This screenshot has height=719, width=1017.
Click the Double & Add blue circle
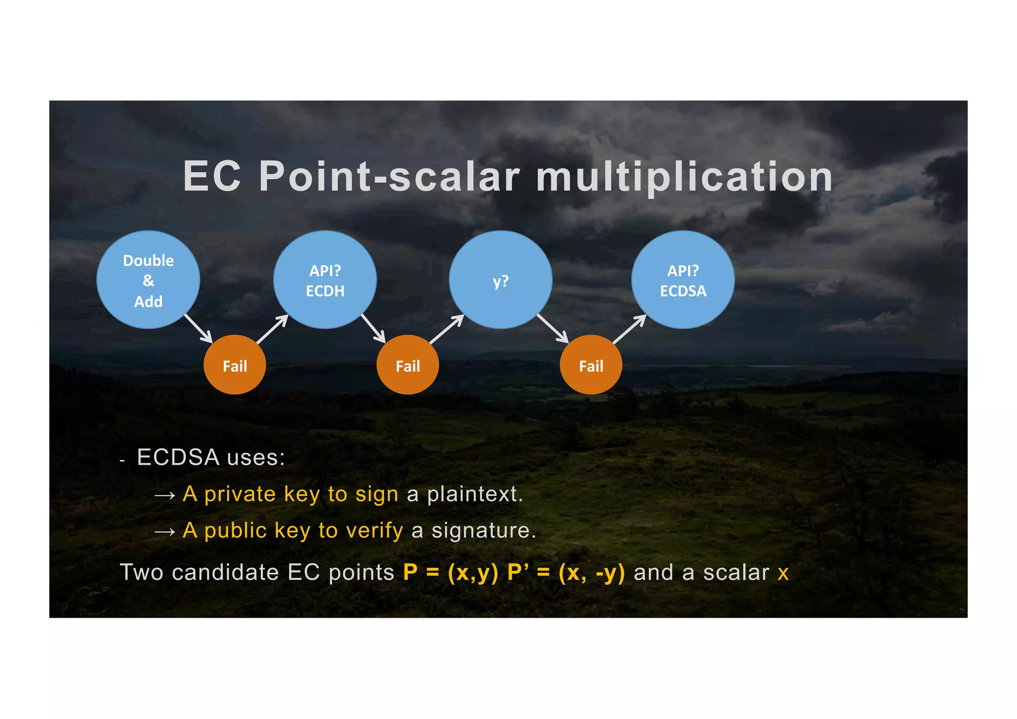click(x=148, y=280)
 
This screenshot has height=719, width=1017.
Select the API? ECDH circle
click(x=325, y=280)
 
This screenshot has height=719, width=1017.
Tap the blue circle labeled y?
click(x=501, y=280)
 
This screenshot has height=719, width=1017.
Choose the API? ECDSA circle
click(x=683, y=280)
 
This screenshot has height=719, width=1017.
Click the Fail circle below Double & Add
click(x=235, y=365)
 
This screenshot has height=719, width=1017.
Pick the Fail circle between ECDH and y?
click(x=408, y=365)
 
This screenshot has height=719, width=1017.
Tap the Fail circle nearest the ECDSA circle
click(x=591, y=365)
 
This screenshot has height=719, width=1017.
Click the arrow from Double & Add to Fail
click(x=199, y=328)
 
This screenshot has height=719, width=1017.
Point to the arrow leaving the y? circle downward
click(x=553, y=328)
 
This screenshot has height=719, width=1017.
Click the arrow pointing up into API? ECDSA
click(x=630, y=329)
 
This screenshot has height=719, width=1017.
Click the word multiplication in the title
click(x=684, y=177)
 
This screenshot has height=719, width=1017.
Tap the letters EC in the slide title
click(x=212, y=177)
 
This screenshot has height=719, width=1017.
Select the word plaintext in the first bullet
click(x=474, y=494)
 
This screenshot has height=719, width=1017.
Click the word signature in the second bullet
click(x=483, y=531)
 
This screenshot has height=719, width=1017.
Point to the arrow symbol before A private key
click(x=164, y=495)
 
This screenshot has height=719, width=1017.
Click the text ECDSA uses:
click(x=211, y=457)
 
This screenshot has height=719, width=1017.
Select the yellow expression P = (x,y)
click(x=450, y=572)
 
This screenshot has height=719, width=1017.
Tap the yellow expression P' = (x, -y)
click(x=566, y=572)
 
